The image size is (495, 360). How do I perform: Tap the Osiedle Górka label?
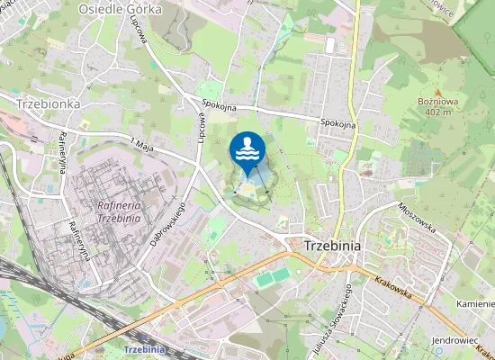(x=119, y=8)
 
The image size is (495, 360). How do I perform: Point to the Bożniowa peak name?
(x=438, y=103)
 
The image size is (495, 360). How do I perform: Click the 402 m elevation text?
(x=438, y=112)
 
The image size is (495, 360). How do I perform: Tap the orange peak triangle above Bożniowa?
(x=438, y=92)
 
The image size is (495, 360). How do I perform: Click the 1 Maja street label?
(x=144, y=143)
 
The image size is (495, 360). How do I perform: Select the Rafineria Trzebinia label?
(x=117, y=211)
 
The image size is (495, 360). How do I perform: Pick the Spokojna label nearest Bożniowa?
(x=339, y=122)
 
